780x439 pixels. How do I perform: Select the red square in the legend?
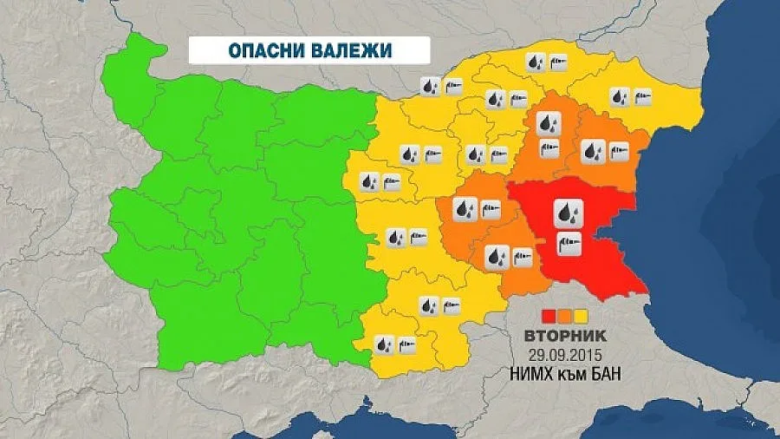click(x=548, y=315)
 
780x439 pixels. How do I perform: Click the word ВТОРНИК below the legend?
click(x=564, y=335)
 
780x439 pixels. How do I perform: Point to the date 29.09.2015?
click(x=564, y=355)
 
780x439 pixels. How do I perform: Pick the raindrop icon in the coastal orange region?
click(x=593, y=152)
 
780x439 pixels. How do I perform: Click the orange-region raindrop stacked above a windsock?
click(x=549, y=124)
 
